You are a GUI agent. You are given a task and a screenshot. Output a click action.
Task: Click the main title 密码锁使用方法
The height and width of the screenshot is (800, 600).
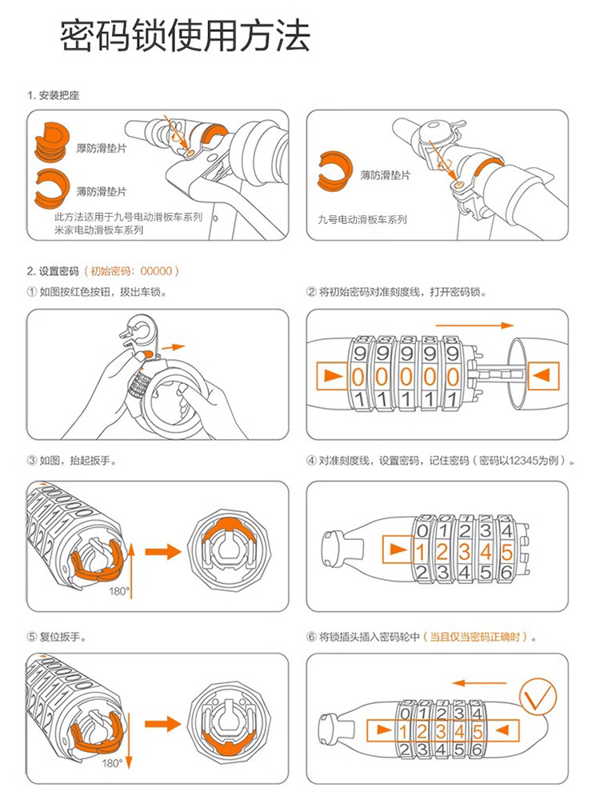(x=185, y=37)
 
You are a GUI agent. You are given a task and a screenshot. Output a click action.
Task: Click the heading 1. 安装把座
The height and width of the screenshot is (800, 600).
(x=53, y=95)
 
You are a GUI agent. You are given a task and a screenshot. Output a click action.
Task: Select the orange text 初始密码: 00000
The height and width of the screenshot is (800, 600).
(x=135, y=271)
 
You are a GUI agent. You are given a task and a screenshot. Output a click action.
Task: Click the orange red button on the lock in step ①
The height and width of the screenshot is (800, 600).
(x=143, y=353)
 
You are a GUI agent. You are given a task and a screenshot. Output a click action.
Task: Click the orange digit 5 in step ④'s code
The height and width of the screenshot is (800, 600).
(x=505, y=550)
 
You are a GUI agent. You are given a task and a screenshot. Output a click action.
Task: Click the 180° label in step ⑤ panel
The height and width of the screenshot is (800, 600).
(x=112, y=764)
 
